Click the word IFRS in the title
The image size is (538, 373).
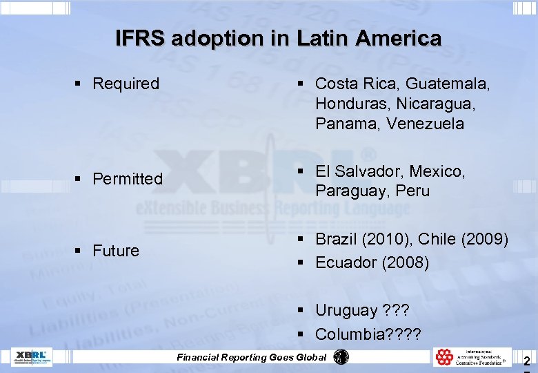click(x=141, y=38)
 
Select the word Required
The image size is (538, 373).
click(x=126, y=84)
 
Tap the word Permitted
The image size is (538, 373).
click(x=128, y=179)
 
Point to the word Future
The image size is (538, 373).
click(x=116, y=250)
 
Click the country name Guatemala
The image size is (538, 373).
click(x=448, y=84)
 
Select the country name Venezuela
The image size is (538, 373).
click(x=426, y=124)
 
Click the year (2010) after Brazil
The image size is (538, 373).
click(x=386, y=239)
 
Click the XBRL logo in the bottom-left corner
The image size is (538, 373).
click(x=32, y=357)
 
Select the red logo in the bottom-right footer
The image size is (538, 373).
click(x=444, y=356)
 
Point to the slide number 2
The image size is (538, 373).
click(x=527, y=361)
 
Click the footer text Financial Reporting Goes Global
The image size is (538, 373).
click(x=252, y=357)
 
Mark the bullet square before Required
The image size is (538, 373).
click(x=79, y=84)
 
